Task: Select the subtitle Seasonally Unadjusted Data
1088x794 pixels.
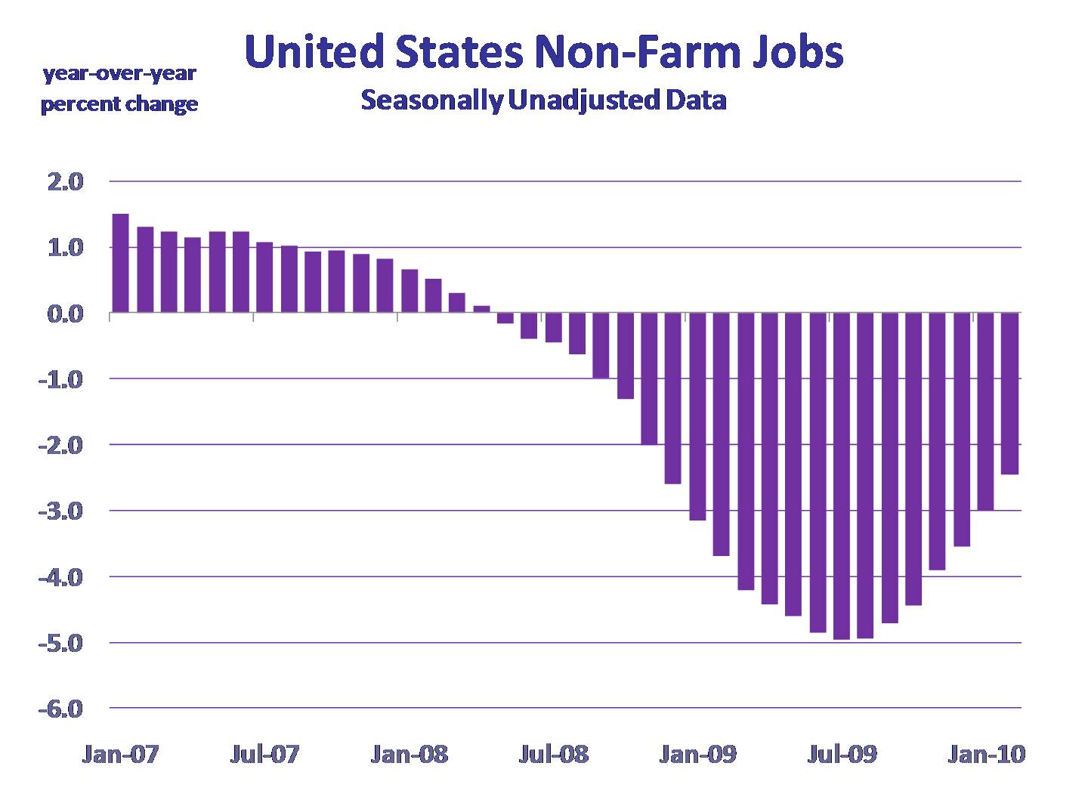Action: [x=543, y=100]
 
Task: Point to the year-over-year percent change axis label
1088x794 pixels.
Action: [x=119, y=89]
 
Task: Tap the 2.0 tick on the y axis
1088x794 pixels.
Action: [x=67, y=182]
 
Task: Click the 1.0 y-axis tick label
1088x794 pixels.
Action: [x=67, y=248]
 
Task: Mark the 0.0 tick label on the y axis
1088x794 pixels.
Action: [x=67, y=314]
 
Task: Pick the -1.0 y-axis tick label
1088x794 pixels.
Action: [x=63, y=379]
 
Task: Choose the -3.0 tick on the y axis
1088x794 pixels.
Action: [x=63, y=511]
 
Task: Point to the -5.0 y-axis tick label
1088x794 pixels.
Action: [x=63, y=644]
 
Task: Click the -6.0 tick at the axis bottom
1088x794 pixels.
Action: [x=63, y=709]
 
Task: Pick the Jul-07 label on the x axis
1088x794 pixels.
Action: [x=264, y=754]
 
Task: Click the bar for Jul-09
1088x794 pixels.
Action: [x=841, y=476]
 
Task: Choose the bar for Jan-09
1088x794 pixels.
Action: [x=697, y=416]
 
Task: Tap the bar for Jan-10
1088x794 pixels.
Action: [x=985, y=412]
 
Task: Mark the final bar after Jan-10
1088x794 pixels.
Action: [x=1009, y=394]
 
